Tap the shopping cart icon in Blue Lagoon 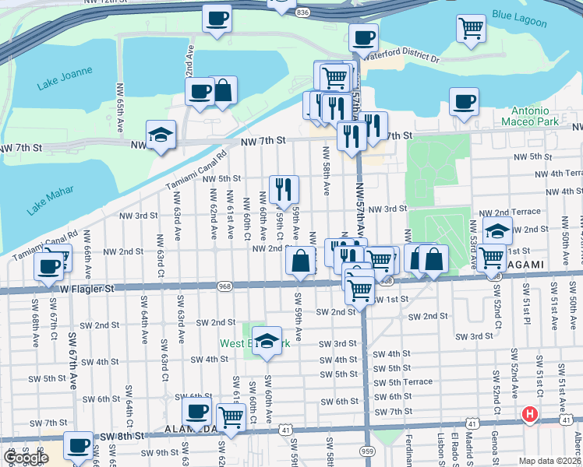(471, 28)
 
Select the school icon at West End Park (267, 339)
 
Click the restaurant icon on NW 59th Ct (284, 188)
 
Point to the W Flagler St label (87, 288)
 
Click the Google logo (25, 458)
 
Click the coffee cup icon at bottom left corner (77, 445)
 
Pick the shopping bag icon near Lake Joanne (222, 90)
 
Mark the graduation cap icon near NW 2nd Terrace (497, 230)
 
